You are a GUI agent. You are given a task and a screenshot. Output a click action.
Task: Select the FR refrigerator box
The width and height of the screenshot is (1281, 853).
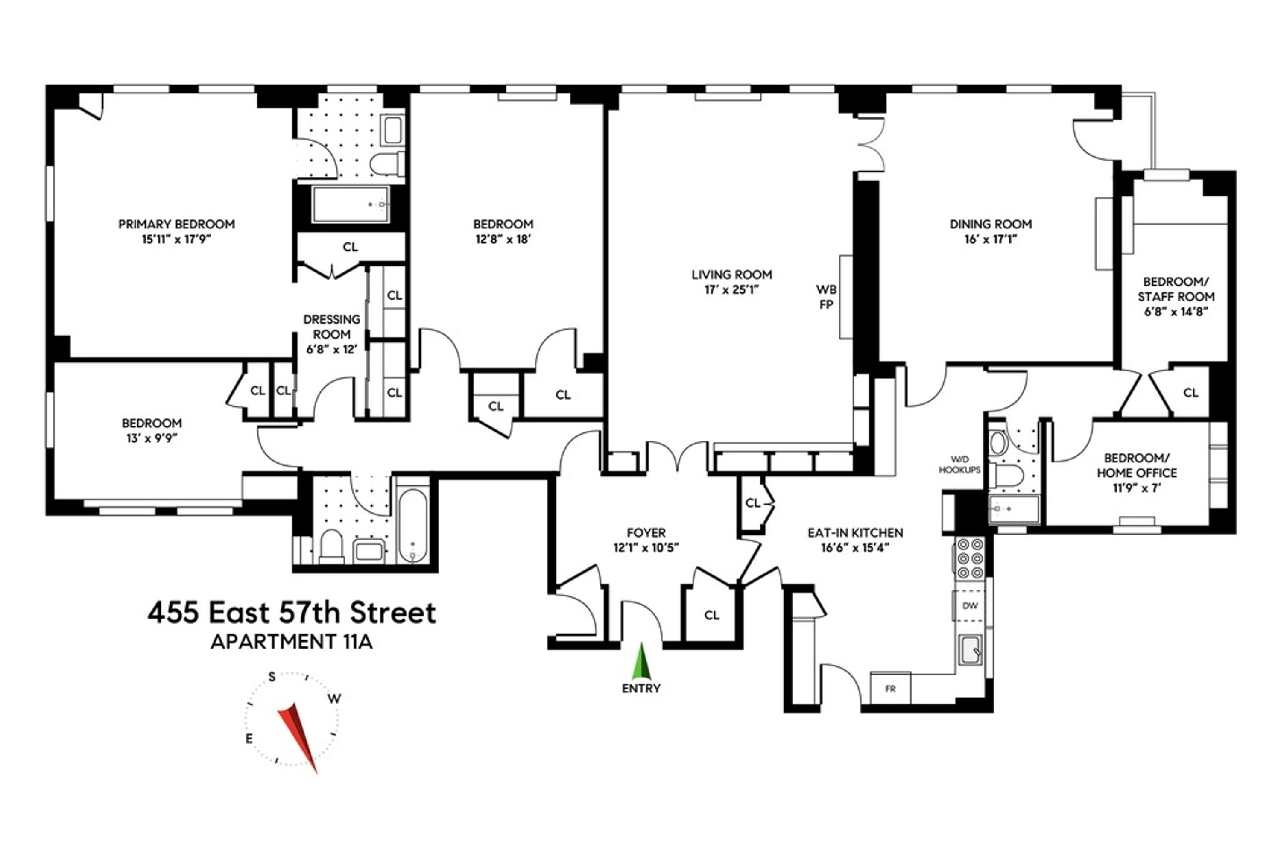coord(890,689)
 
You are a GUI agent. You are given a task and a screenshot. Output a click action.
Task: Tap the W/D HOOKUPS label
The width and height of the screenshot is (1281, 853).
coord(959,464)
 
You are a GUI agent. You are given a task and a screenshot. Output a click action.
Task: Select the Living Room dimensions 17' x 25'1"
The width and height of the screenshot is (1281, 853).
coord(731,290)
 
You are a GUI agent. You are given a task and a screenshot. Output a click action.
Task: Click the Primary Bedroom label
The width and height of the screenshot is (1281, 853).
coord(176,224)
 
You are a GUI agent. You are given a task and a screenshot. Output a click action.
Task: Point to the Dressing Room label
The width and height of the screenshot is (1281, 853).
coord(331,327)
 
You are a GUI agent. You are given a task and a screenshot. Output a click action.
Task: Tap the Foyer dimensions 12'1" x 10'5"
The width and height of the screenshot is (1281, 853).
coord(646,548)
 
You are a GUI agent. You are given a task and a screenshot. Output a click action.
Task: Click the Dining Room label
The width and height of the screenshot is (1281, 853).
coord(991,224)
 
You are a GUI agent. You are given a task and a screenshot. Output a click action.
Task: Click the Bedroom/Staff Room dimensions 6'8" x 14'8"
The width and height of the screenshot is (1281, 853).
coord(1176,312)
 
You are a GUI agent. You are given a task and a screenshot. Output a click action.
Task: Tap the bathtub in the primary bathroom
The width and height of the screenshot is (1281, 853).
coord(351,204)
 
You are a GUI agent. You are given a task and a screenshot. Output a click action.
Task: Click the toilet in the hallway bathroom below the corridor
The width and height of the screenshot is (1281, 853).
coord(331,546)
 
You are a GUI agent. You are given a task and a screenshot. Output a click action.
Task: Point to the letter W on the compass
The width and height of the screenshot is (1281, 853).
coord(335,698)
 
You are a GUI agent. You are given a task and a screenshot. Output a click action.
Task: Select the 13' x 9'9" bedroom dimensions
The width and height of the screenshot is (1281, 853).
coord(151,438)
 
